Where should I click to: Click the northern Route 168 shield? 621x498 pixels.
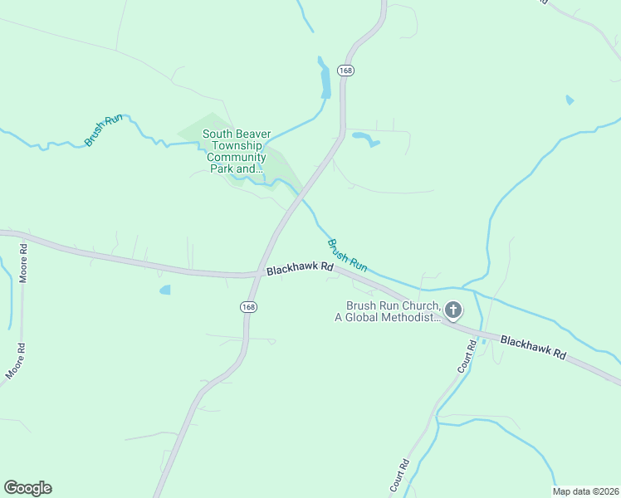click(x=346, y=71)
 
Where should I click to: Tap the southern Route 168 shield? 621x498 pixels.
click(x=248, y=306)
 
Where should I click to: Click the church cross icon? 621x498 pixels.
click(x=452, y=311)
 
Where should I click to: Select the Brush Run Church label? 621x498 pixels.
click(x=392, y=311)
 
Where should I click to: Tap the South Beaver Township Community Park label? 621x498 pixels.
click(x=235, y=151)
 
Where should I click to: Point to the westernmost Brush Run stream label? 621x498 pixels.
click(x=103, y=130)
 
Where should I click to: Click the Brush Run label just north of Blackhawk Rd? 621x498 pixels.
click(x=347, y=256)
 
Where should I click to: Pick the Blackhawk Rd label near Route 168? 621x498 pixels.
click(x=300, y=270)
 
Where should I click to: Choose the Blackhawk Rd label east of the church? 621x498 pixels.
click(x=533, y=347)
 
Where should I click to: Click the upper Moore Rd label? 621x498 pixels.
click(x=23, y=263)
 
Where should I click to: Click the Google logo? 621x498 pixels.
click(x=27, y=488)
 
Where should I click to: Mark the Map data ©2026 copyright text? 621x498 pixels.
click(x=584, y=491)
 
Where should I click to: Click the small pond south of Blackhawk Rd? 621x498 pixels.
click(x=164, y=290)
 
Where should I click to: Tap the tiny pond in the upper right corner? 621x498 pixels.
click(x=569, y=100)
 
